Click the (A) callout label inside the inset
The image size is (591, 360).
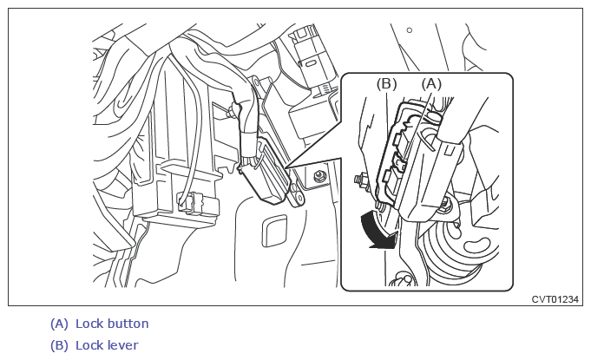coord(432,83)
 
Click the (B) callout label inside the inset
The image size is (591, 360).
coord(386,83)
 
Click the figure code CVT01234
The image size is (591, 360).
coord(555,299)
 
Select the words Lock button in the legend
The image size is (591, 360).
coord(112,324)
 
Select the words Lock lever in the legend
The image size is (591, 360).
coord(107,345)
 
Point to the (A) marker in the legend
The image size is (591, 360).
coord(59,324)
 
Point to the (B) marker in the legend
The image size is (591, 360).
coord(59,345)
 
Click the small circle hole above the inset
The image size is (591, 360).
coord(410,31)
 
